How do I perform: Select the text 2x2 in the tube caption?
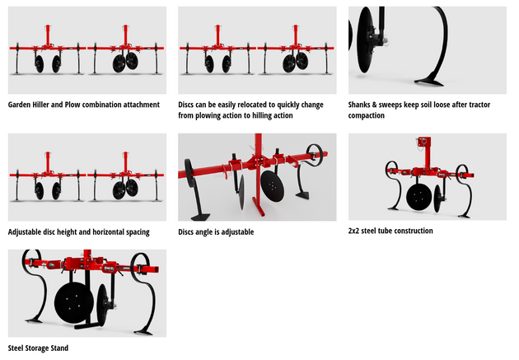click(355, 231)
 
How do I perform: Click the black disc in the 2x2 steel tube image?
click(420, 198)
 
